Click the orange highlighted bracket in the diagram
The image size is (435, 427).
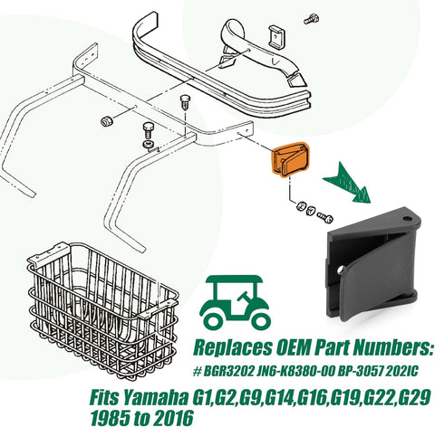point(289,158)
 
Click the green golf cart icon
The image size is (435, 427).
point(235,301)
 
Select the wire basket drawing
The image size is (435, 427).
point(102,310)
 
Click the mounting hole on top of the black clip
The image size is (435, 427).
point(407,218)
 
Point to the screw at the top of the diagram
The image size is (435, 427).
point(311,19)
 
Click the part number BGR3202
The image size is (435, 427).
point(228,372)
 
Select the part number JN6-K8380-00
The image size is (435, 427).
point(295,372)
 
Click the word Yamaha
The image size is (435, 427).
point(156,398)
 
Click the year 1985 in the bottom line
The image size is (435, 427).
point(111,418)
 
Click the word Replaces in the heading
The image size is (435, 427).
point(233,348)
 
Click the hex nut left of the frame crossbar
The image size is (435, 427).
point(106,121)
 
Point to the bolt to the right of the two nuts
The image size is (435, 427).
point(324,217)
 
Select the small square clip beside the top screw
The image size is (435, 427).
point(276,36)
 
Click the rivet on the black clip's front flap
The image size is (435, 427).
point(341,270)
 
